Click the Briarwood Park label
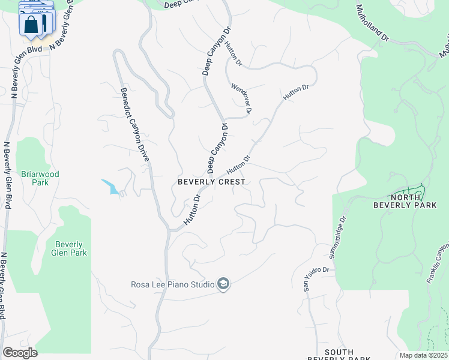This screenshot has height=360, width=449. click(40, 178)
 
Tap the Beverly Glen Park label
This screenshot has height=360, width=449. click(71, 248)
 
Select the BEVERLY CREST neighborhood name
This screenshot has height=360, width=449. click(211, 182)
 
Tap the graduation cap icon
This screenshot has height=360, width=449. click(223, 284)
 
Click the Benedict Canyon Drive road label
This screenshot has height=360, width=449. click(134, 125)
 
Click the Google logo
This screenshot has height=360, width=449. click(20, 353)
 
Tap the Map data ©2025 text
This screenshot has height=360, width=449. click(424, 355)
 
